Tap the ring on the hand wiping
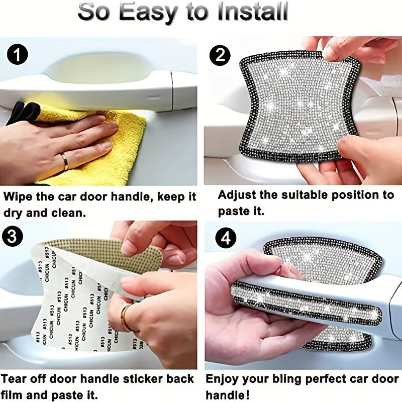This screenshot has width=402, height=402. pyautogui.click(x=64, y=161)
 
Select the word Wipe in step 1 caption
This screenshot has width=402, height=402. pyautogui.click(x=20, y=196)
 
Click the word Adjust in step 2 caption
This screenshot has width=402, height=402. pyautogui.click(x=235, y=195)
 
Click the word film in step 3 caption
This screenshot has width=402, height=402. pyautogui.click(x=15, y=395)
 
